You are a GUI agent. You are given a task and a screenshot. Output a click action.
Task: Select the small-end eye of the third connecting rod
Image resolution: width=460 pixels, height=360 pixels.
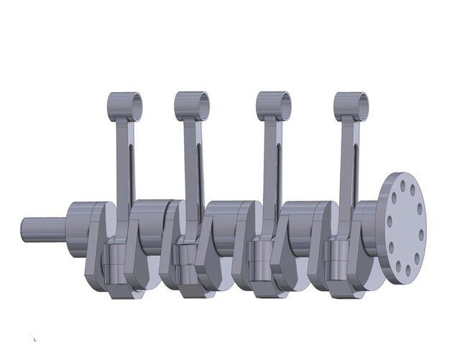click(274, 105)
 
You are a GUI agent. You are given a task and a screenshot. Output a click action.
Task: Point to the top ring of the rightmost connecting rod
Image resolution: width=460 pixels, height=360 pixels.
click(351, 105)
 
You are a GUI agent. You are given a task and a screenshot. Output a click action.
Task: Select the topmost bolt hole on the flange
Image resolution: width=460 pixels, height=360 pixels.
click(402, 184)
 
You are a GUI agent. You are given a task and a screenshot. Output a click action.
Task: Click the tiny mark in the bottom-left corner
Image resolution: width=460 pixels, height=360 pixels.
click(34, 338)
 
